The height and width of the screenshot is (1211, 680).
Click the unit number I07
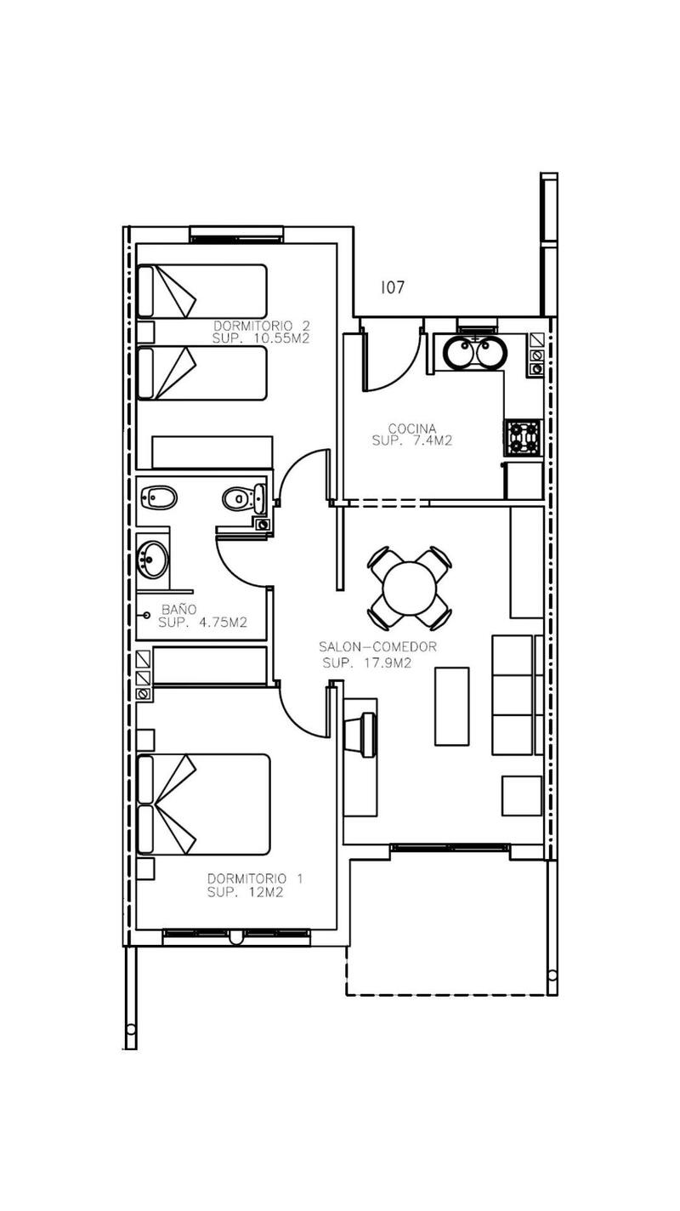coord(392,288)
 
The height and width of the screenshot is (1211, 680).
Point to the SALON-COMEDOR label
coord(377,647)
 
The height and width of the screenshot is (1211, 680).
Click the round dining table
coord(409,588)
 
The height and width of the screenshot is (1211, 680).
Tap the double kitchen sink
coord(474,352)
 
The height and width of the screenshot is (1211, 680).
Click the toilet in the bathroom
coord(241,498)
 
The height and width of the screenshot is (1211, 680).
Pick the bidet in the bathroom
coord(158,497)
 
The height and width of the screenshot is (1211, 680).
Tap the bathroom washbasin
coord(154,560)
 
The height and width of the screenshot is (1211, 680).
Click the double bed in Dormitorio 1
coord(204,804)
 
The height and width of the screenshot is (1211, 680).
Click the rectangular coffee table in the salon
coord(451,706)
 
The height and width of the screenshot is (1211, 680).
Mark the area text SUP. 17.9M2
coord(366,663)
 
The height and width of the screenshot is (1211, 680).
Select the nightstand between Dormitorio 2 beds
coord(145,331)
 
